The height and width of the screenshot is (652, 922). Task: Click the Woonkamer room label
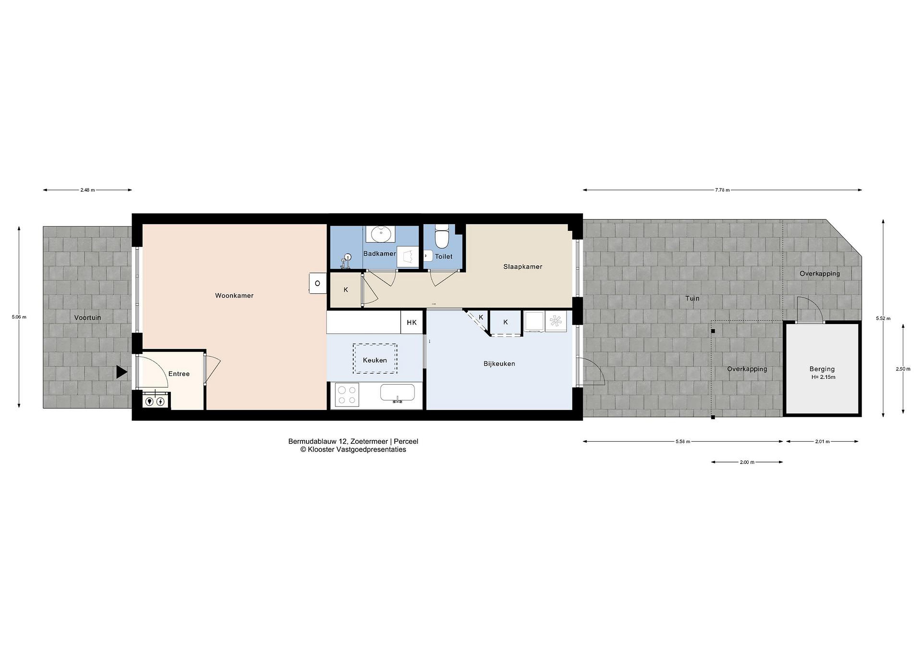(234, 295)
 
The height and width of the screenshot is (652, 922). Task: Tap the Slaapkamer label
(523, 267)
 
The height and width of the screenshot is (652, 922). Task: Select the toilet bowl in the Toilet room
(442, 237)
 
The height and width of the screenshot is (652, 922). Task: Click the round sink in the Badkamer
(379, 234)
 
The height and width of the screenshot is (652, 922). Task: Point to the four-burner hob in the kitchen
(347, 395)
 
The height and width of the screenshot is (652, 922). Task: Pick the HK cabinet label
(412, 322)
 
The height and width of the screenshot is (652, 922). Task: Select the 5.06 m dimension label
(19, 317)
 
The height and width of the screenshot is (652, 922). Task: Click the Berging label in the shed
(822, 369)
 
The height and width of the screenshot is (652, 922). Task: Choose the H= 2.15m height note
(823, 377)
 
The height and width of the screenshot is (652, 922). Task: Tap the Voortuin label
(87, 318)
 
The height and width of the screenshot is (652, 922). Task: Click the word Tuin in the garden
(692, 298)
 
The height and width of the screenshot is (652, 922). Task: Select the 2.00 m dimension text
(747, 462)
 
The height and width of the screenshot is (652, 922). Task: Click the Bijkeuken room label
(499, 364)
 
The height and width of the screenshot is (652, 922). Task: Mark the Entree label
(179, 374)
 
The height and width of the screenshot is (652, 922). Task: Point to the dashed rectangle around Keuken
(375, 344)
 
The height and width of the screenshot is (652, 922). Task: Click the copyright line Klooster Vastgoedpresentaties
(353, 450)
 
